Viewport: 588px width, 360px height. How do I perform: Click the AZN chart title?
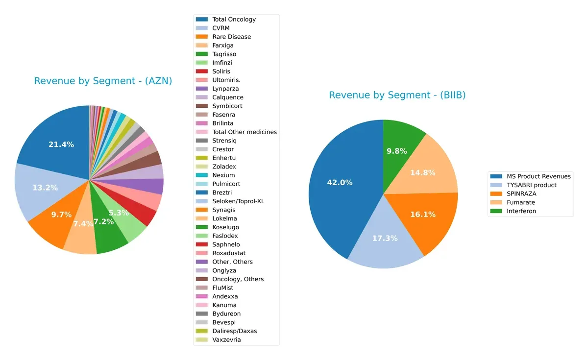point(103,81)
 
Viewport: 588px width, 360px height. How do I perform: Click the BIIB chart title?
point(397,95)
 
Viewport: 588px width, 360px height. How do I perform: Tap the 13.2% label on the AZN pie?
point(45,188)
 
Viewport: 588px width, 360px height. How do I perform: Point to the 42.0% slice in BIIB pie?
point(338,186)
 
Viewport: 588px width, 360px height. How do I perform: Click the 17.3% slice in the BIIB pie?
point(385,242)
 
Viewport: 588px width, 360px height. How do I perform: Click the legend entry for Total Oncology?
point(234,20)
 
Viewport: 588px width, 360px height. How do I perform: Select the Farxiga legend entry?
point(222,46)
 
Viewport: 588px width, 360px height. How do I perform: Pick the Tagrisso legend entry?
point(224,54)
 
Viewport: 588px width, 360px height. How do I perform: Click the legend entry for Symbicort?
point(227,106)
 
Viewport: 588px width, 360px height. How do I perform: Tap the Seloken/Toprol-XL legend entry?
point(238,201)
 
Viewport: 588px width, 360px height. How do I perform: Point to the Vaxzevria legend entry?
point(226,339)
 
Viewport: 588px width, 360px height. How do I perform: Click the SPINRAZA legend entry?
point(521,193)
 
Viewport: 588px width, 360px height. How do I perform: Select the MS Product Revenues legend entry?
point(539,176)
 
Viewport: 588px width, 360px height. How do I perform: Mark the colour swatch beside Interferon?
point(496,211)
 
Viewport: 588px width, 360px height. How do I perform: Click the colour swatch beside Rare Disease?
point(202,37)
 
